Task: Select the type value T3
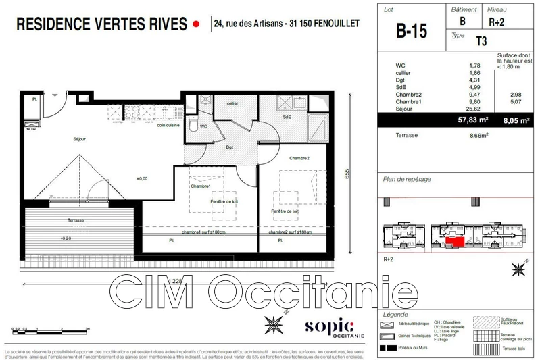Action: pyautogui.click(x=481, y=41)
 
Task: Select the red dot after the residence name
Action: pyautogui.click(x=197, y=24)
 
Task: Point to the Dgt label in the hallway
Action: pyautogui.click(x=230, y=147)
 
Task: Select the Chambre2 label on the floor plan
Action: pyautogui.click(x=299, y=158)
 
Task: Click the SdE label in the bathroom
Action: pyautogui.click(x=287, y=117)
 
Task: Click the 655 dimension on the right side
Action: pyautogui.click(x=346, y=173)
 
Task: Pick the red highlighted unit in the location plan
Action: pyautogui.click(x=455, y=241)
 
